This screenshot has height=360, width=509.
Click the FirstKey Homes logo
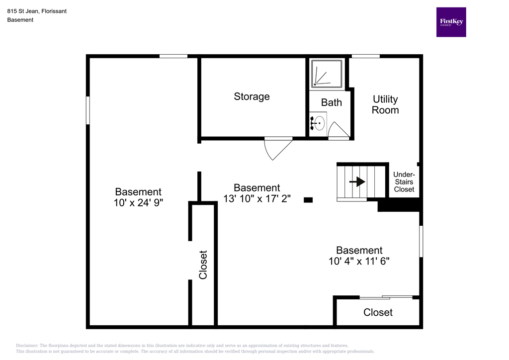(451, 22)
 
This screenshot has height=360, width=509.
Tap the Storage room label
(252, 96)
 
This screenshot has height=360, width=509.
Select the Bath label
(331, 102)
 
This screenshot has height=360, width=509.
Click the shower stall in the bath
(327, 75)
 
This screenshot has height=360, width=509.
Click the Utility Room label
(385, 105)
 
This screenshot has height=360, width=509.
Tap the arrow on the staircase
(357, 182)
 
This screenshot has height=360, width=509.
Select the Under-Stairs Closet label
(404, 182)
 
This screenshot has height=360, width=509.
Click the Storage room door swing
(276, 148)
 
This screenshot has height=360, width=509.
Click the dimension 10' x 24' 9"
(138, 202)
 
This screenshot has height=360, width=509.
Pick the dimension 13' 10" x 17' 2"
(256, 198)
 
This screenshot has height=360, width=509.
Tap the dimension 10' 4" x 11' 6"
(359, 261)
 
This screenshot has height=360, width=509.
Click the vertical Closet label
(203, 264)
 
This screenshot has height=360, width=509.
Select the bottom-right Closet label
(378, 312)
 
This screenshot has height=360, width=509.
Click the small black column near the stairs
(308, 200)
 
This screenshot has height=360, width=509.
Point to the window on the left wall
(88, 110)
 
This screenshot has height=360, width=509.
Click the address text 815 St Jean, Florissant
(37, 11)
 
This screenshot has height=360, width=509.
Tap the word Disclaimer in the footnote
(27, 346)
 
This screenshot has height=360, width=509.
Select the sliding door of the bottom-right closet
(386, 297)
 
